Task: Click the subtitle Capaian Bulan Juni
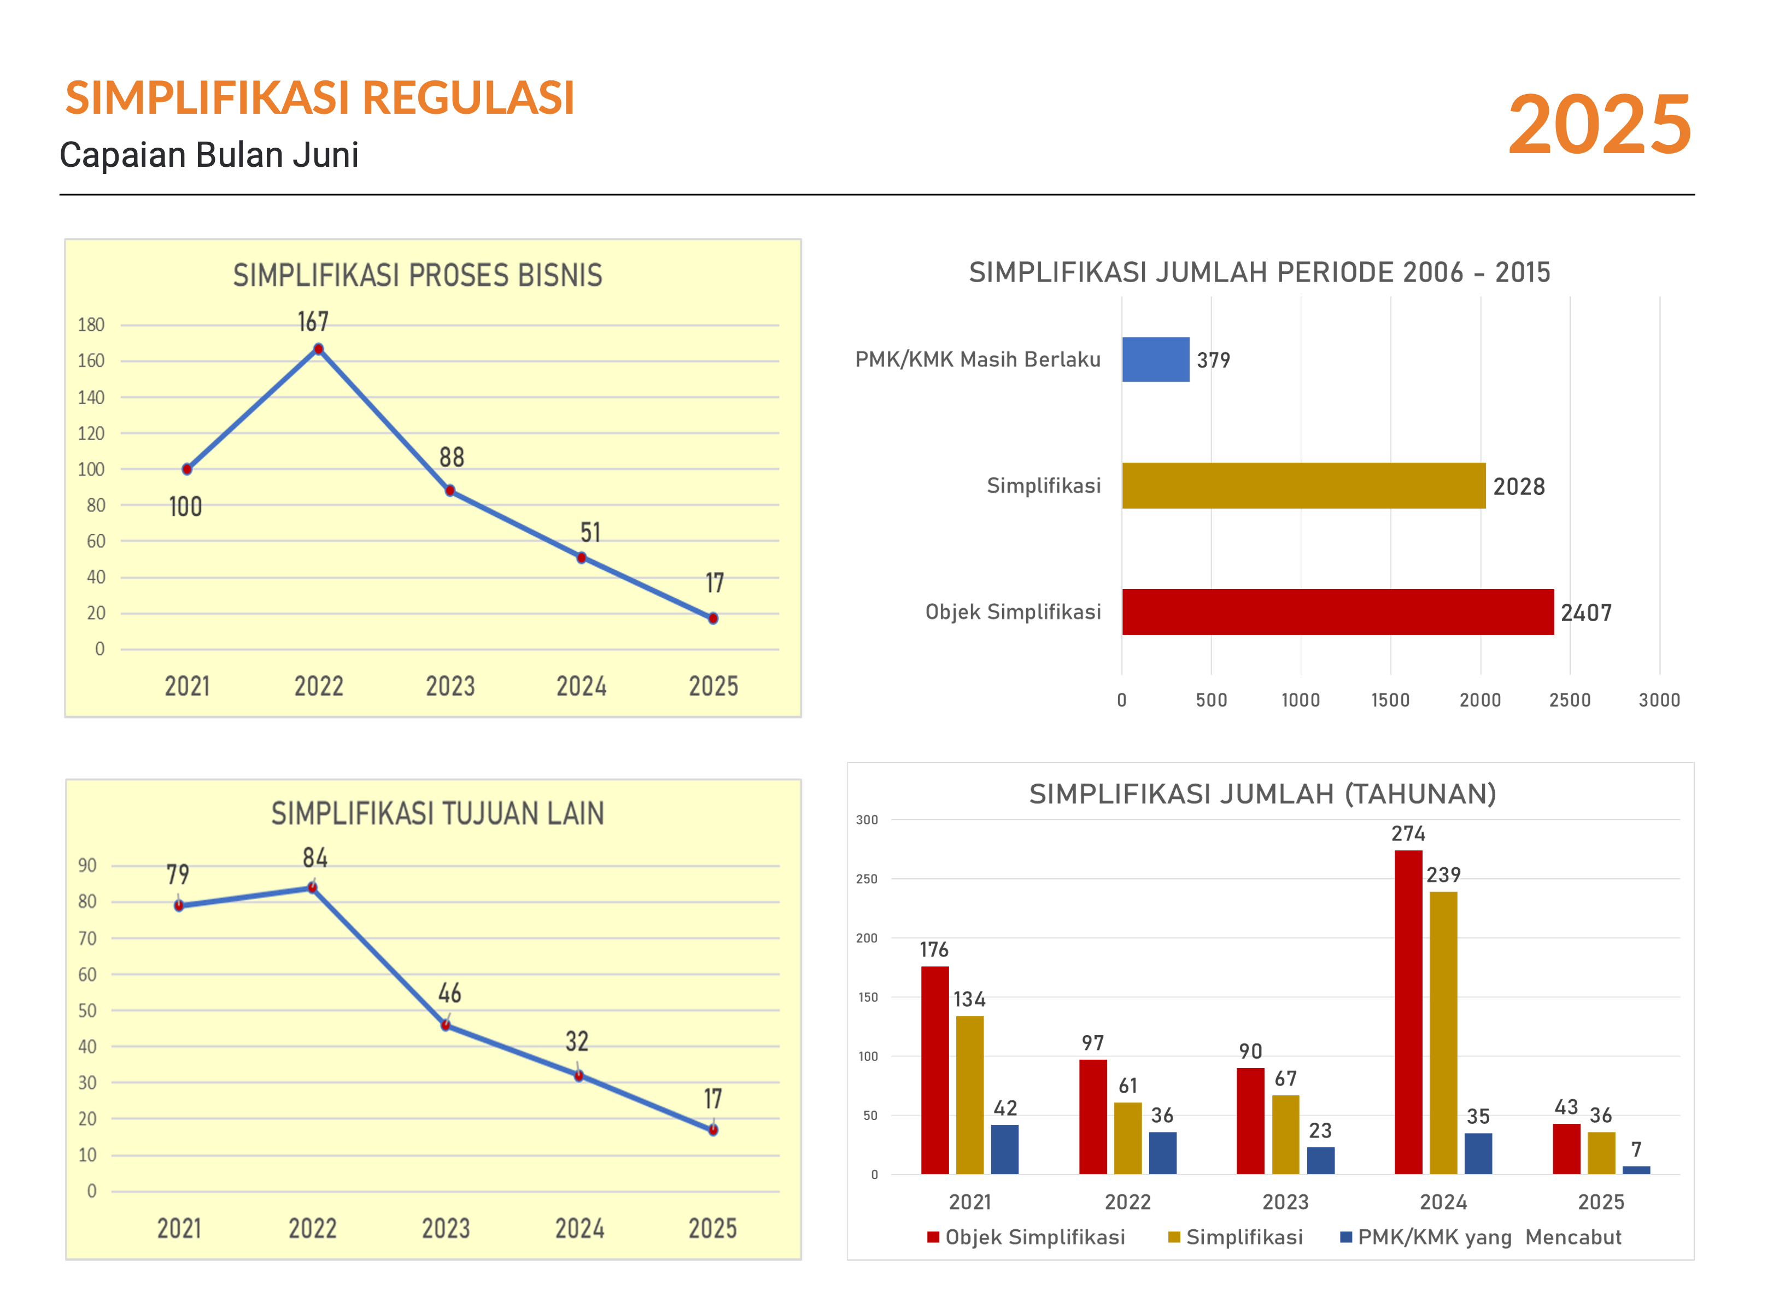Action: [x=209, y=155]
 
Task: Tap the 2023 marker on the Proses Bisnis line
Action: [x=450, y=491]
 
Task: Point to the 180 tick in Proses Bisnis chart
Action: [x=91, y=324]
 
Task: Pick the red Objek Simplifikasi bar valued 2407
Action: [x=1337, y=612]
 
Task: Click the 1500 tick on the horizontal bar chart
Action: [x=1390, y=700]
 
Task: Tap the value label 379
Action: [x=1213, y=360]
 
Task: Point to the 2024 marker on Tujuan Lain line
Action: [x=578, y=1076]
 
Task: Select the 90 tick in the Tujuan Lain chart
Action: [x=87, y=866]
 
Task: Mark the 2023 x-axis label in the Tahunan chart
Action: [x=1285, y=1202]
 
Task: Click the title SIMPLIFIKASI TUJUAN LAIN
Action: [x=438, y=814]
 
